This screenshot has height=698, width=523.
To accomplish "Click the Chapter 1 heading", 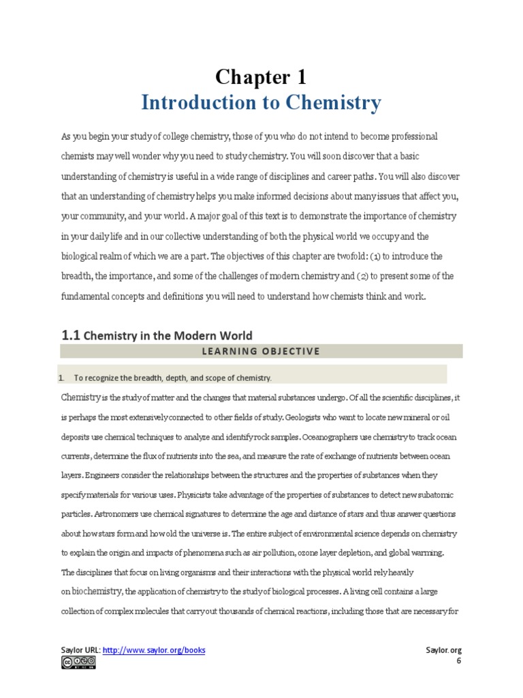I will [x=261, y=76].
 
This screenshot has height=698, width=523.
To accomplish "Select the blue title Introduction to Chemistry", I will [x=261, y=103].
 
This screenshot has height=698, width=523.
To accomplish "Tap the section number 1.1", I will [x=71, y=335].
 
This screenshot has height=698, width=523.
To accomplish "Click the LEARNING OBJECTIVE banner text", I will [x=261, y=351].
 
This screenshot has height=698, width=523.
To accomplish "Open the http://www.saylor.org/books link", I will [x=154, y=650].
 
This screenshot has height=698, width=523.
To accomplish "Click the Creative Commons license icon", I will [x=78, y=663].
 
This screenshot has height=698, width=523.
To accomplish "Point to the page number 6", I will [x=459, y=661].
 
